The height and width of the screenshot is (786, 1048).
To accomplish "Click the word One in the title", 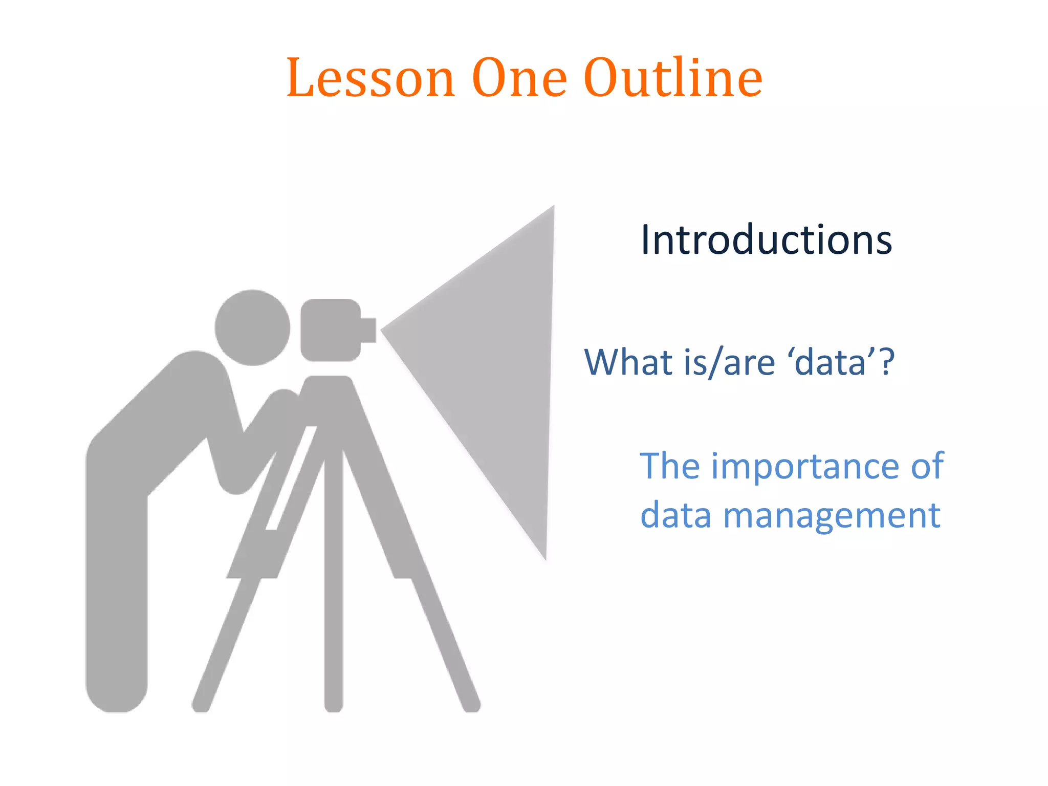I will pyautogui.click(x=519, y=78).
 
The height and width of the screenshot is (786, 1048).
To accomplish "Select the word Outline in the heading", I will pyautogui.click(x=672, y=78).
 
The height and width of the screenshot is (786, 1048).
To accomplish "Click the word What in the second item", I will pyautogui.click(x=628, y=362).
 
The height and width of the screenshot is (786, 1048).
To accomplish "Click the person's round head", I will pyautogui.click(x=252, y=327).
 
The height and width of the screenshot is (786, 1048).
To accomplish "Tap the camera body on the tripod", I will pyautogui.click(x=331, y=330).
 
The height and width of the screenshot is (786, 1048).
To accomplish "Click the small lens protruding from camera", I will pyautogui.click(x=368, y=330).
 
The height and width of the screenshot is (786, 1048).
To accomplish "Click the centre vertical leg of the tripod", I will pyautogui.click(x=334, y=588).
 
